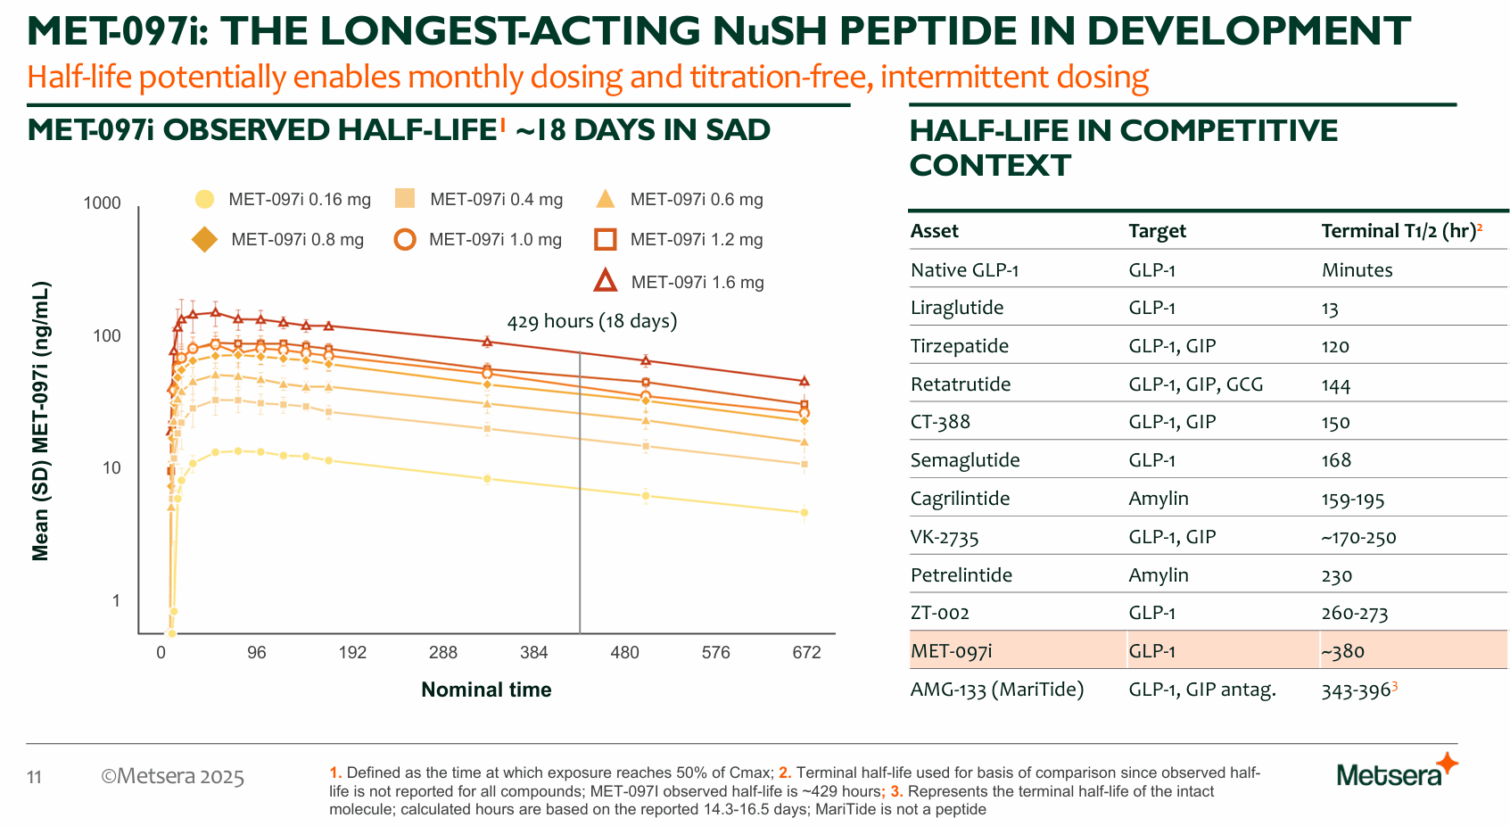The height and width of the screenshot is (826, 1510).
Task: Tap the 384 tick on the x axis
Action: point(534,653)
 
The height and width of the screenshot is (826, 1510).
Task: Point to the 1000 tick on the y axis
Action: point(103,203)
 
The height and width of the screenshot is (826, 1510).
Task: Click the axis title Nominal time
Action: point(486,690)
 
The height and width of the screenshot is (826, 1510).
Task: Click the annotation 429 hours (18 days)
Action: point(592,321)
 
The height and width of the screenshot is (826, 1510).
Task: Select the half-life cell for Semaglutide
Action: point(1336,460)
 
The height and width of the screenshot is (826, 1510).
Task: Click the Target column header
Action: point(1157,231)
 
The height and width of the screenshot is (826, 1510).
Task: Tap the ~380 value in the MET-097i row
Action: point(1343,651)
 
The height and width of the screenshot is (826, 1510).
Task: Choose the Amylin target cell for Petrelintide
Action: point(1159,575)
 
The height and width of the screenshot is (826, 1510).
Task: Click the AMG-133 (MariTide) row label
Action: point(997,690)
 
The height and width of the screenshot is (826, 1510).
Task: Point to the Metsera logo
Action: point(1396,772)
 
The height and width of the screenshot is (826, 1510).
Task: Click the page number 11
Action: point(35,777)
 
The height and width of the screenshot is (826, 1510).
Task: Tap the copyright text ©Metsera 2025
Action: point(172,776)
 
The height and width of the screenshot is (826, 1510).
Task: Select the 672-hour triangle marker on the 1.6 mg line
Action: point(804,381)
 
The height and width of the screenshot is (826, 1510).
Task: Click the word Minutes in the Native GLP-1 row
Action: point(1357,270)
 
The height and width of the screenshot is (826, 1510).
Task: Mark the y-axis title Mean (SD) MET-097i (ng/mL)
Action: point(41,421)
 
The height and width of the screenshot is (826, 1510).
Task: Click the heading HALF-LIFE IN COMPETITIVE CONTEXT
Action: point(1123,147)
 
